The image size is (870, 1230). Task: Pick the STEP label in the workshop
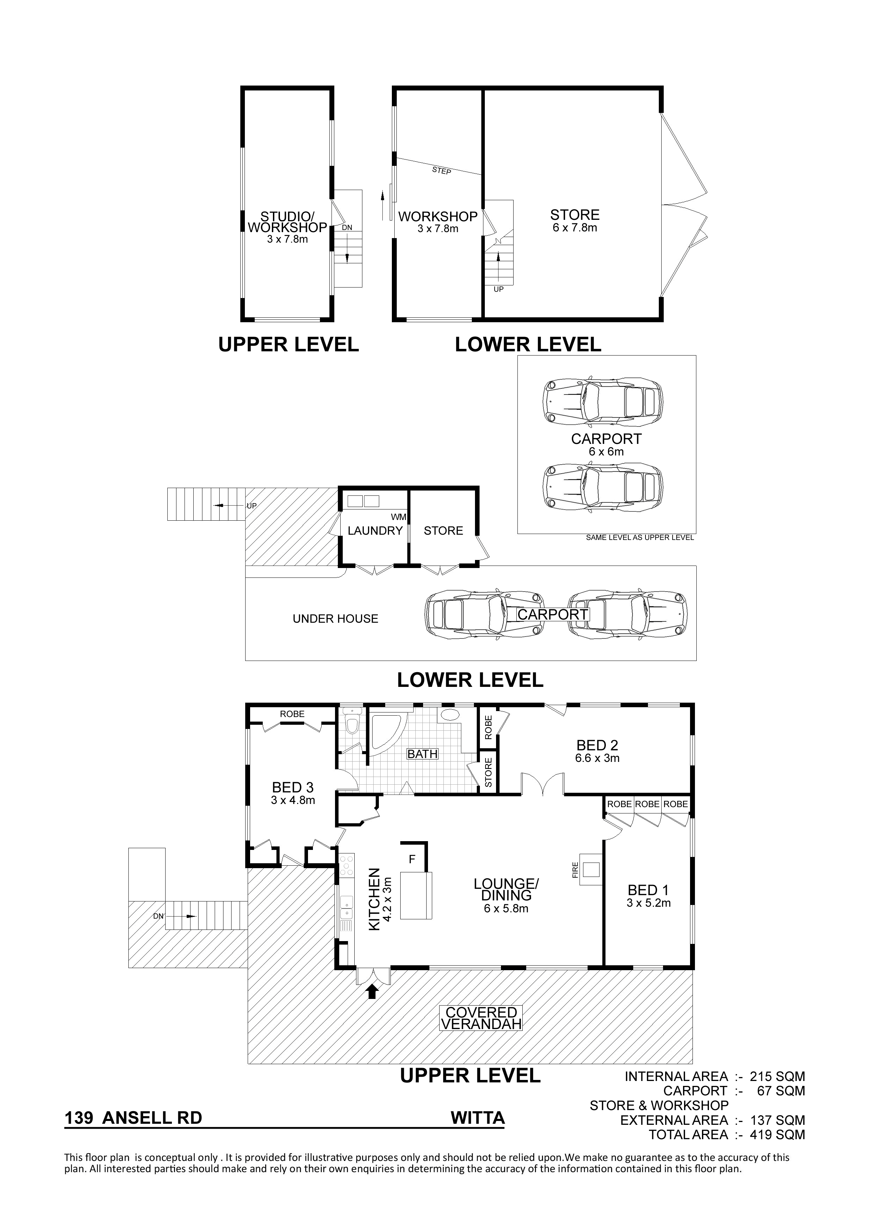click(x=441, y=170)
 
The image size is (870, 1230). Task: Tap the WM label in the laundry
click(x=398, y=517)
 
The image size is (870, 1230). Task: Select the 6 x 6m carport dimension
click(x=606, y=452)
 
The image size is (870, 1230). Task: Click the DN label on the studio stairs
click(x=347, y=227)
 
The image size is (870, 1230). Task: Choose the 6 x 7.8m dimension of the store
click(x=575, y=228)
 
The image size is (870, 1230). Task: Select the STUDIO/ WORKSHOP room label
click(x=287, y=222)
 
